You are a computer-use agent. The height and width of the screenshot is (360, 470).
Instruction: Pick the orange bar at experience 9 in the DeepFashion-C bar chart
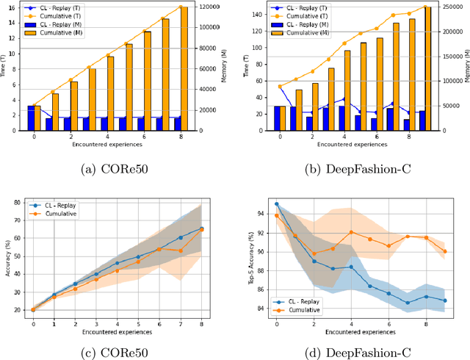(427, 69)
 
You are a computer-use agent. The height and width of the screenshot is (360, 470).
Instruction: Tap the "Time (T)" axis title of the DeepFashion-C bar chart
(247, 67)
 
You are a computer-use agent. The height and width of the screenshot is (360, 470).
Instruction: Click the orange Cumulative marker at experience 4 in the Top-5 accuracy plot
(351, 232)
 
